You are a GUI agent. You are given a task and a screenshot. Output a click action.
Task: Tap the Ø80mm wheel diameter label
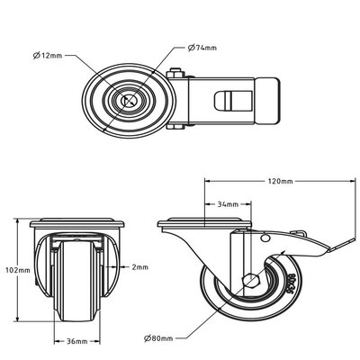pyautogui.click(x=160, y=339)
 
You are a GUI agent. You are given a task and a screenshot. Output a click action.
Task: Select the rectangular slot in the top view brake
pyautogui.click(x=225, y=102)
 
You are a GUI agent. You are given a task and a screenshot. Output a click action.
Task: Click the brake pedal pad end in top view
pyautogui.click(x=269, y=102)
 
